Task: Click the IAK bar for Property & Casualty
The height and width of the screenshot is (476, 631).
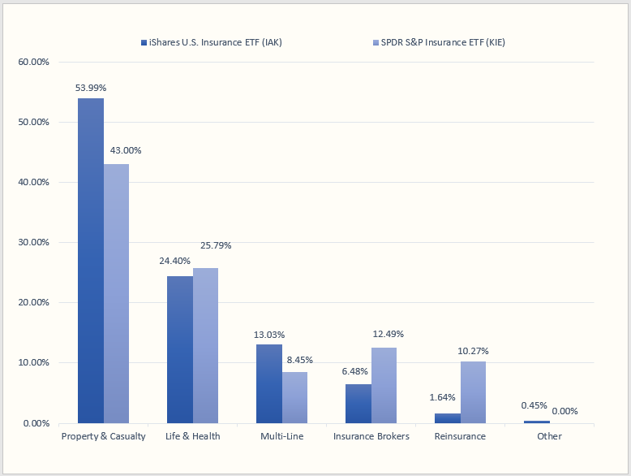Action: coord(91,260)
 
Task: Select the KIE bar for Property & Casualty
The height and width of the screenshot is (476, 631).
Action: coord(116,293)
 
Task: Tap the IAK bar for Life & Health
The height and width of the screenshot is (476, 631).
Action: coord(180,349)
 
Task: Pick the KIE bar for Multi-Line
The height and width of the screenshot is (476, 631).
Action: coord(294,397)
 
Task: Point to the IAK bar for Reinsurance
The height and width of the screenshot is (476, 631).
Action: coord(448,418)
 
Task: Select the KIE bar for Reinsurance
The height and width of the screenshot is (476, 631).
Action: coord(473,392)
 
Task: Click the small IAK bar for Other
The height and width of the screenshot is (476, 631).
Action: coord(537,422)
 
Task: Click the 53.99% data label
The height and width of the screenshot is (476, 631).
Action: coord(91,87)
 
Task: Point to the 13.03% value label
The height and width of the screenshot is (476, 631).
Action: coord(269,334)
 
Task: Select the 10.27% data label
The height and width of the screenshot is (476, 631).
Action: coord(473,351)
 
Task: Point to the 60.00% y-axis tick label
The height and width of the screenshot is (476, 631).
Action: coord(33,62)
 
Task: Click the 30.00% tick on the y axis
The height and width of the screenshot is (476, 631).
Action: coord(33,242)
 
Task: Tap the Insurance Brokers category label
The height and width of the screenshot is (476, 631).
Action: coord(371,436)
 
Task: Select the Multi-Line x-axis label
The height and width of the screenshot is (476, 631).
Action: coord(282,436)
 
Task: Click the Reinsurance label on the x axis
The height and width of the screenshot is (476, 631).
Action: coord(460,436)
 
